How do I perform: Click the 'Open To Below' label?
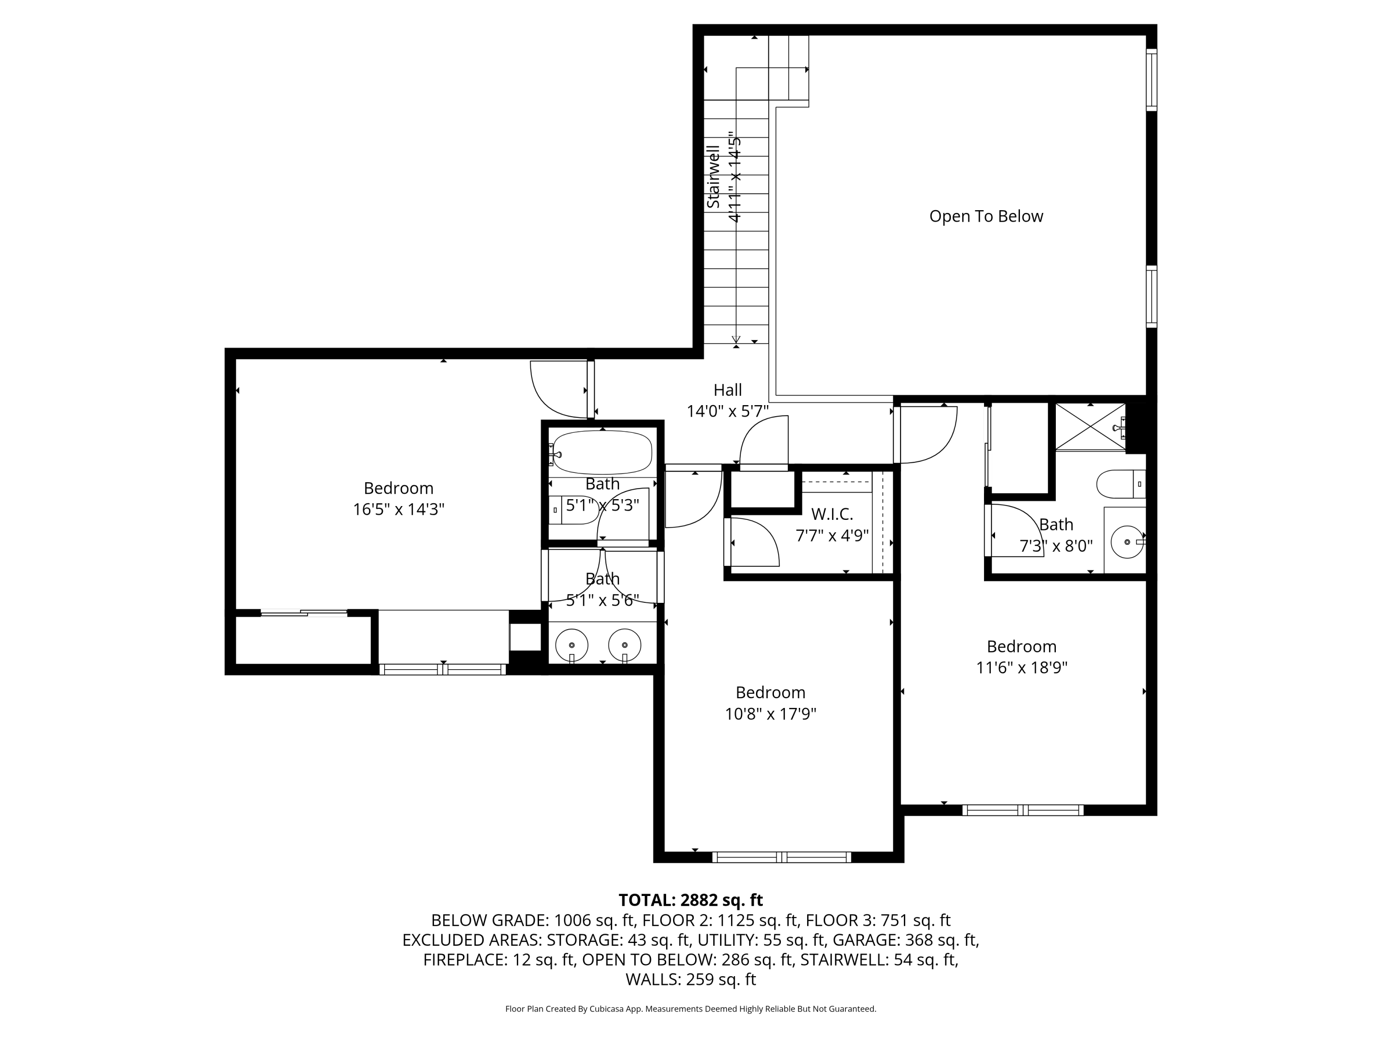click(x=986, y=216)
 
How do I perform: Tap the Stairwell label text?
click(x=713, y=177)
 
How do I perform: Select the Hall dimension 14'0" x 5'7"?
click(x=728, y=411)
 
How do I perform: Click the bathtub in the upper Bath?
click(x=602, y=453)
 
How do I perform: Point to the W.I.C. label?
click(x=832, y=514)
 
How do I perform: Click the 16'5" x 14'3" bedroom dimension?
click(x=398, y=509)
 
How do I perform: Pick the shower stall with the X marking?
click(x=1090, y=426)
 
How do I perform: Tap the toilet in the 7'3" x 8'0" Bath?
click(x=1121, y=484)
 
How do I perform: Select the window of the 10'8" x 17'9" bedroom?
click(x=782, y=857)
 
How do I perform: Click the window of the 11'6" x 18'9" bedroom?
click(x=1023, y=810)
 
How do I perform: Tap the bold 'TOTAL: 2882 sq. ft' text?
click(x=691, y=900)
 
